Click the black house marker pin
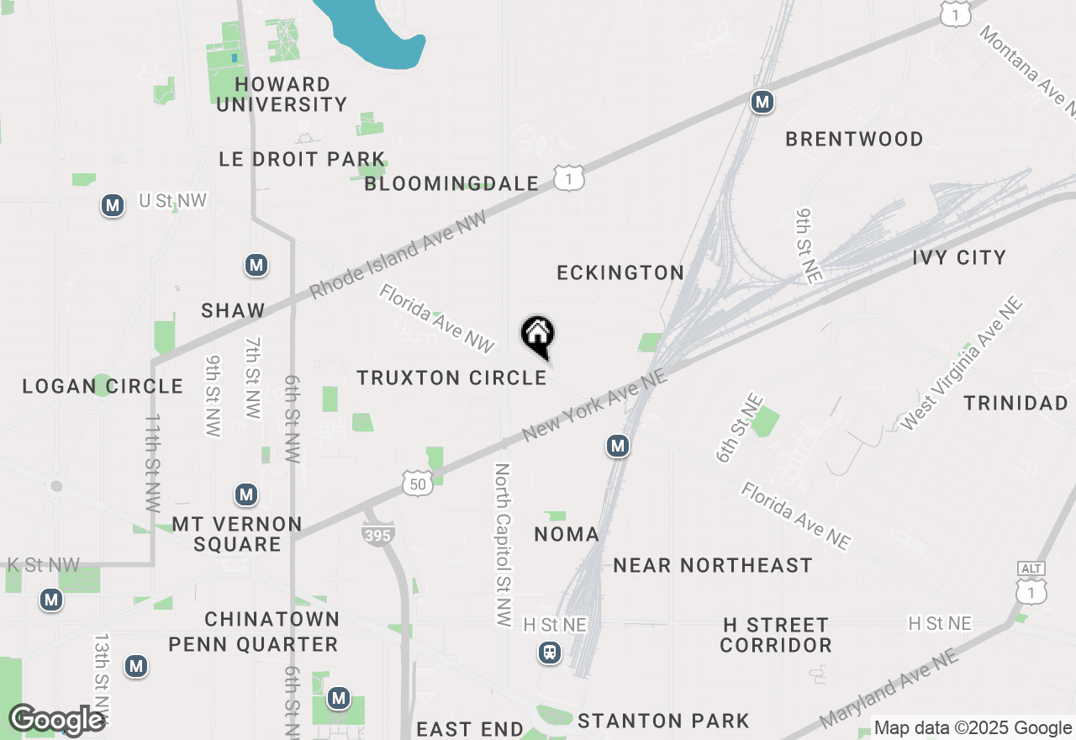pyautogui.click(x=538, y=336)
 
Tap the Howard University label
pyautogui.click(x=282, y=94)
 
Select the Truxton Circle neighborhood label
pyautogui.click(x=452, y=378)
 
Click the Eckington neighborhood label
pyautogui.click(x=620, y=272)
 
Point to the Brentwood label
pyautogui.click(x=854, y=139)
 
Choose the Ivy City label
pyautogui.click(x=959, y=257)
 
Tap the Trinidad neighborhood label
pyautogui.click(x=1015, y=403)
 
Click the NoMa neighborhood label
pyautogui.click(x=567, y=534)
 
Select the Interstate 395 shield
pyautogui.click(x=379, y=534)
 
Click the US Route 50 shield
pyautogui.click(x=419, y=483)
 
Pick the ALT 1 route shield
pyautogui.click(x=1031, y=583)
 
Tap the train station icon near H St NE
pyautogui.click(x=550, y=652)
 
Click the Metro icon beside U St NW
pyautogui.click(x=112, y=205)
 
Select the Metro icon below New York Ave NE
pyautogui.click(x=618, y=446)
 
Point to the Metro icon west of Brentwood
pyautogui.click(x=762, y=103)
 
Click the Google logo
pyautogui.click(x=57, y=720)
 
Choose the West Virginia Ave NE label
pyautogui.click(x=961, y=364)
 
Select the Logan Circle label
pyautogui.click(x=103, y=386)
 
